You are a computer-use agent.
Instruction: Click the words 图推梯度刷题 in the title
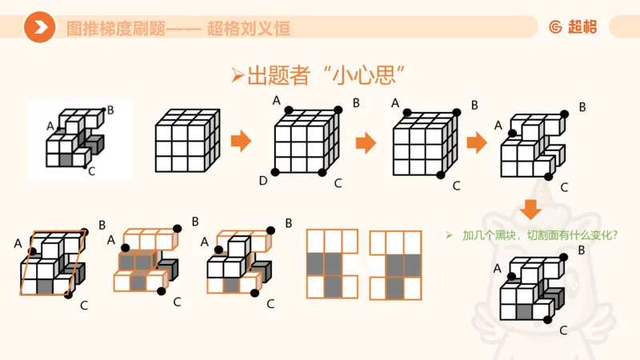point(115,29)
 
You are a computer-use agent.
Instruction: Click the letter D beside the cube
point(262,182)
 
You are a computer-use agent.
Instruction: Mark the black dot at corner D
point(275,172)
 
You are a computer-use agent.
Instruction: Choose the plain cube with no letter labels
point(186,142)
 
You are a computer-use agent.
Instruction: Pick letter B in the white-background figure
point(110,110)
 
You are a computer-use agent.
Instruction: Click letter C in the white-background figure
point(91,170)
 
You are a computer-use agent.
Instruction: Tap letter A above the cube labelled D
point(277,100)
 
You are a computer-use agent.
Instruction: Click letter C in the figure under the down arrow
point(563,330)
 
